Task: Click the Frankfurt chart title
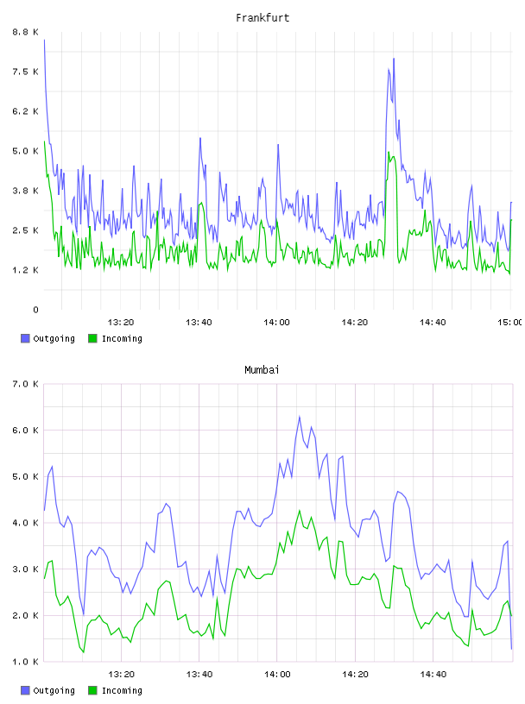[262, 18]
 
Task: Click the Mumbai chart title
[262, 370]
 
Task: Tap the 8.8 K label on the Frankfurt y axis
[26, 32]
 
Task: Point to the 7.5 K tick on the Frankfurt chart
[26, 72]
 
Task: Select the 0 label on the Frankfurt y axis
[35, 310]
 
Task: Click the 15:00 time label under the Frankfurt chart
[510, 322]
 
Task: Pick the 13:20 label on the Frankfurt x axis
[121, 322]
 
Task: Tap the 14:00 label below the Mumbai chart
[277, 674]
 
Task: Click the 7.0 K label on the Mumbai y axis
[26, 384]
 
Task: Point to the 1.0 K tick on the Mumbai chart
[26, 662]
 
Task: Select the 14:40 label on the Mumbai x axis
[433, 674]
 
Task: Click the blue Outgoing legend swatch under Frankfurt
[25, 338]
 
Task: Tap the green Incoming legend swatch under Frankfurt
[92, 338]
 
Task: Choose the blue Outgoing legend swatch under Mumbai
[25, 690]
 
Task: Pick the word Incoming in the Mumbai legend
[122, 690]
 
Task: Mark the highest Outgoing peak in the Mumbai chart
[300, 417]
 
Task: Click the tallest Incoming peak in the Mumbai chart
[300, 511]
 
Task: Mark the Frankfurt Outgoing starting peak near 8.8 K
[44, 40]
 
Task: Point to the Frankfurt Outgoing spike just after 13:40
[200, 138]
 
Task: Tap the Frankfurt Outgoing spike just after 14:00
[278, 145]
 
